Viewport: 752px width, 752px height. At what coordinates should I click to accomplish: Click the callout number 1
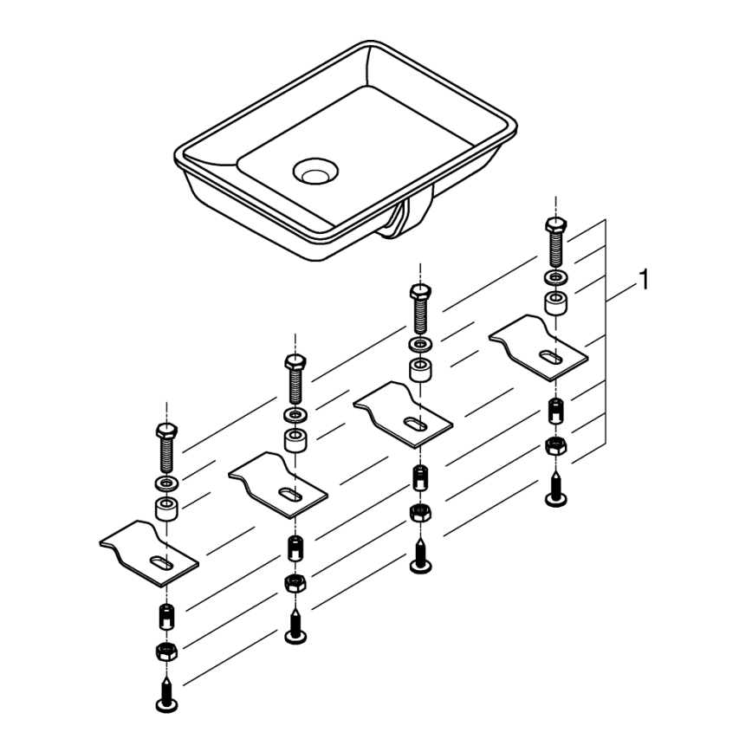click(642, 279)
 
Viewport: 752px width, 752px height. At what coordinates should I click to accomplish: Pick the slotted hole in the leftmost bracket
click(160, 563)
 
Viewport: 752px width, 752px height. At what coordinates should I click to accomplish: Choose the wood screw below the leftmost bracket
click(165, 690)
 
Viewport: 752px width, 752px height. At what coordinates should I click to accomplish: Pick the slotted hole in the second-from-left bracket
click(290, 496)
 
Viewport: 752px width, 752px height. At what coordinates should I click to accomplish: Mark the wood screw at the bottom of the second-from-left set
click(295, 628)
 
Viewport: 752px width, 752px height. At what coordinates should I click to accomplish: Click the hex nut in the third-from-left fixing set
click(420, 512)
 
